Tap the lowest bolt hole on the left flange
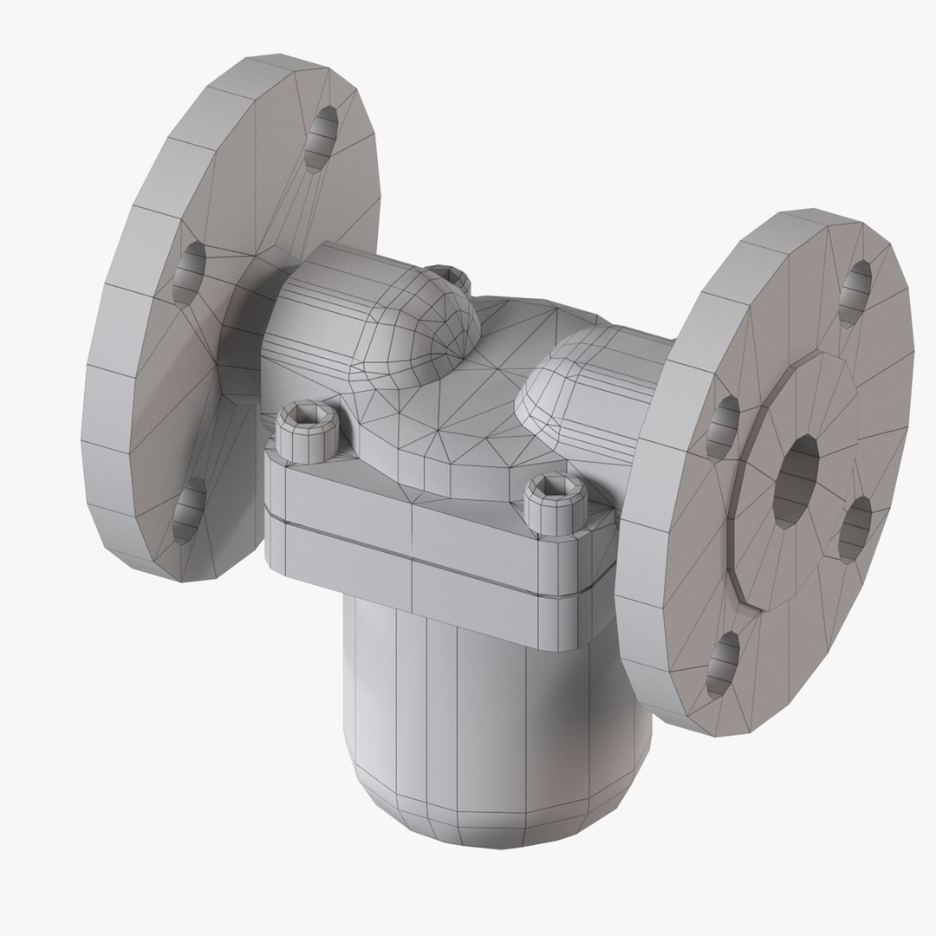[188, 515]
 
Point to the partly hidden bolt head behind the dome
[458, 279]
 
